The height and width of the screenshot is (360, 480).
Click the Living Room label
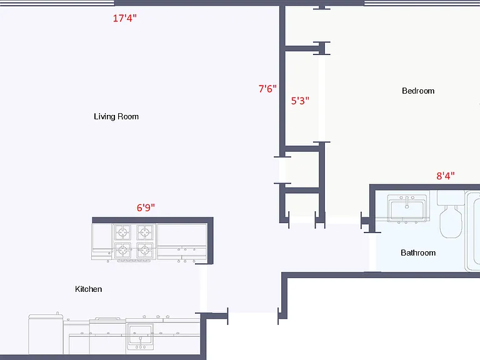point(116,117)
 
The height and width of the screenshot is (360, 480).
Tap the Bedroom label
point(418,91)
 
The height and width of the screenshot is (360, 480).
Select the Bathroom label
point(418,252)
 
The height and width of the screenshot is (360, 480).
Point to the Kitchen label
point(89,289)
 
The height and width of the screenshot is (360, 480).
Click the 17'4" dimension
point(124,18)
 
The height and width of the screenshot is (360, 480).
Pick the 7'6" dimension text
point(267,89)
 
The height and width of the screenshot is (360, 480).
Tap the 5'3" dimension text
point(300,101)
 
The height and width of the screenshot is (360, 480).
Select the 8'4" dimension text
point(446,176)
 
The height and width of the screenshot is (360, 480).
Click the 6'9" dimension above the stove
point(146,207)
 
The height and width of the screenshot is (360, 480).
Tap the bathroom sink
point(407,208)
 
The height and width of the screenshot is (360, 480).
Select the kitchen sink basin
point(141,334)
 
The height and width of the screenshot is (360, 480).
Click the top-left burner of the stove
point(122,232)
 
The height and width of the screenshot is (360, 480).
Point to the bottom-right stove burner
point(144,251)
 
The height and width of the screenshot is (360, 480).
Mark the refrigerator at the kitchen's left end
point(46,334)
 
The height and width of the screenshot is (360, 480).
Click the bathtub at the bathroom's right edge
point(472,231)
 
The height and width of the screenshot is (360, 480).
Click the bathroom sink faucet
point(407,202)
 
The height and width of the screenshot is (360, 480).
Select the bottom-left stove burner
point(122,251)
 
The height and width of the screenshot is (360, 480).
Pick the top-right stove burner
point(144,232)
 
